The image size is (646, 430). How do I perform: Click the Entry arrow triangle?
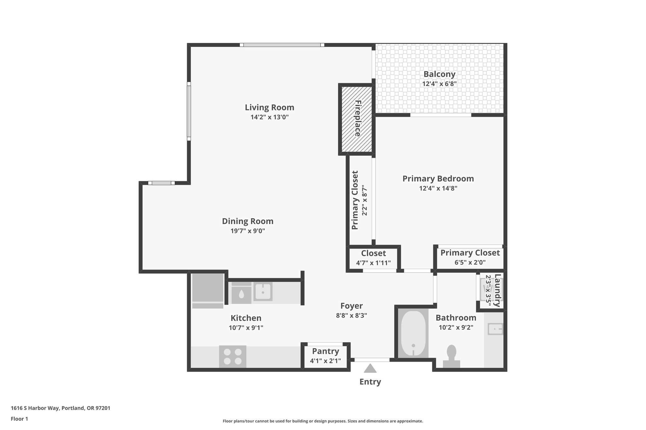[x=370, y=369]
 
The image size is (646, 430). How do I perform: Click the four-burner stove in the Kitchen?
[x=233, y=356]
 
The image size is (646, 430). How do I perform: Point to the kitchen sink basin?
[x=263, y=292]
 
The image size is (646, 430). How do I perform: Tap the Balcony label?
[x=439, y=74]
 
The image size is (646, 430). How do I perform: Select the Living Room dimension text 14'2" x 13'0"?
[x=269, y=117]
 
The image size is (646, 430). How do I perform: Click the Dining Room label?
[x=248, y=221]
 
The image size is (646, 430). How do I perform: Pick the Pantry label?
[x=326, y=351]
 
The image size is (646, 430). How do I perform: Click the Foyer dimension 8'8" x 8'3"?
[x=351, y=315]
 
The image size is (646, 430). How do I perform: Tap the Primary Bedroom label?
[x=438, y=179]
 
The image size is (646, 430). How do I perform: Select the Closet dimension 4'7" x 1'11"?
[x=373, y=262]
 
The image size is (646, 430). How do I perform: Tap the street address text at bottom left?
[x=61, y=408]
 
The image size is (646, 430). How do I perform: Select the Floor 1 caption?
[x=19, y=419]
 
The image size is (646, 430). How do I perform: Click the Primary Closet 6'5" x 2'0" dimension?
[x=470, y=262]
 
